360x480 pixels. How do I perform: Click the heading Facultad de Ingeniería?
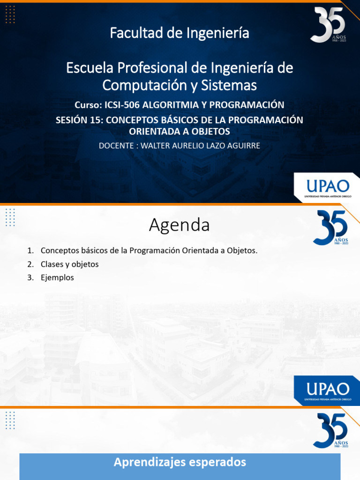[x=180, y=33]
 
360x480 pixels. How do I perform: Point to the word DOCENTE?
[x=116, y=145]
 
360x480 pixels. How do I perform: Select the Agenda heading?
[x=180, y=225]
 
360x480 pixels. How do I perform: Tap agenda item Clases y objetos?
[x=69, y=264]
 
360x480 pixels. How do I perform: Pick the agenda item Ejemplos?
[x=57, y=277]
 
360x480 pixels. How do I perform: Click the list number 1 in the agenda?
[x=30, y=251]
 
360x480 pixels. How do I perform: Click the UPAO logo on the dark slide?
[x=326, y=187]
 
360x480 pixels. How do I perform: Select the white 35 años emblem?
[x=328, y=24]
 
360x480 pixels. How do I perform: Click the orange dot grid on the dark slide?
[x=10, y=15]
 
